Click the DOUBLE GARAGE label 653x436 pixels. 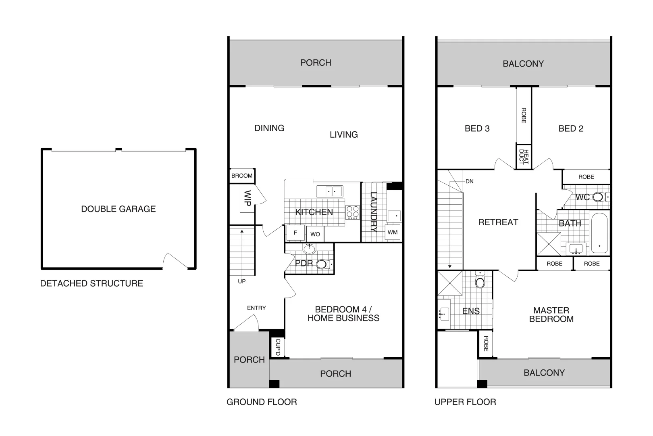[118, 209]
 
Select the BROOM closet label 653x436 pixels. [242, 176]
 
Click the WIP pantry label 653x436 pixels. [247, 199]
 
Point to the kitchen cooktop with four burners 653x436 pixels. [353, 212]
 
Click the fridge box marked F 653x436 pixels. [295, 233]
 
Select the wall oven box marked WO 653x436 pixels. [315, 234]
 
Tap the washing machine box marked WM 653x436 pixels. [392, 232]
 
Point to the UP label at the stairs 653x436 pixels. [241, 281]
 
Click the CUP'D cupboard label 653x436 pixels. [277, 347]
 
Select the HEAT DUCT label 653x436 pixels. [524, 157]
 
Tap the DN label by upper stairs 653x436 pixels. [470, 181]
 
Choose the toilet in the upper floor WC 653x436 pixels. [599, 197]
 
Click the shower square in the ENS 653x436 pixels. [449, 283]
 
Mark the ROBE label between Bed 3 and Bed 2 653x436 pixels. [524, 115]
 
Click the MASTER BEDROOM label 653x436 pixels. [551, 314]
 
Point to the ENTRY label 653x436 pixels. [256, 308]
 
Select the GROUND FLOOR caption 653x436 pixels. [262, 402]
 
